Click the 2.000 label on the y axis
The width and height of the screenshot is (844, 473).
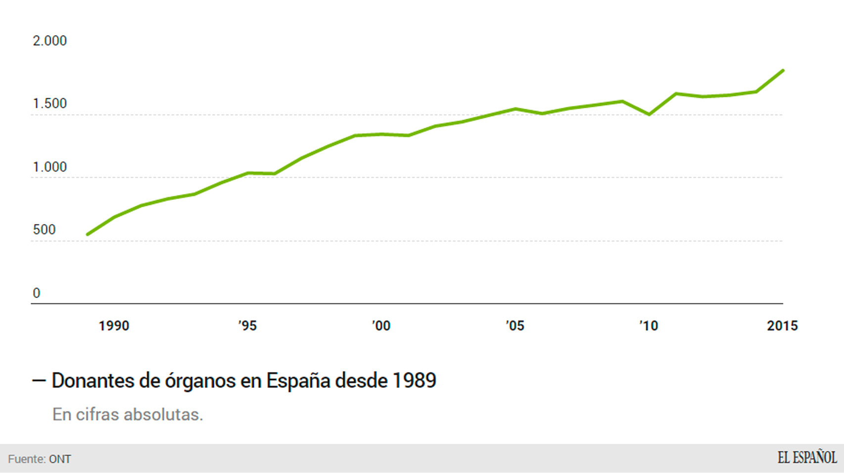point(49,41)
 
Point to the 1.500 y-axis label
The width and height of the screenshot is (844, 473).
point(49,103)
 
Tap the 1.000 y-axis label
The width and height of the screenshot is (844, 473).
point(49,167)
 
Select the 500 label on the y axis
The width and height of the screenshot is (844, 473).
point(44,230)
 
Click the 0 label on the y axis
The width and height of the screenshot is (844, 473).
point(36,293)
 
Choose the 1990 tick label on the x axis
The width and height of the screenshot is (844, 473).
point(114,326)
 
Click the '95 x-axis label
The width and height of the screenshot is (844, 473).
point(247,326)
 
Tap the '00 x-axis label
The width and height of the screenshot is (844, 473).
point(381,326)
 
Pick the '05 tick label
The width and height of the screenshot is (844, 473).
point(515,326)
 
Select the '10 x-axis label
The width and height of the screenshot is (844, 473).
point(648,326)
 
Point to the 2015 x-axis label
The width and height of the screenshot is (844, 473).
point(782,326)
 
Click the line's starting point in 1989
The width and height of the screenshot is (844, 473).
point(88,234)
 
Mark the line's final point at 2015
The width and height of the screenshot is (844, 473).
point(783,71)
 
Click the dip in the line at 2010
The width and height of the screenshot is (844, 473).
point(649,114)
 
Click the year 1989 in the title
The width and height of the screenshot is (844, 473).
point(415,380)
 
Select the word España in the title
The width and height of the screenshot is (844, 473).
point(298,380)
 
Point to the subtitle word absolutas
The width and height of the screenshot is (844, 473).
point(163,414)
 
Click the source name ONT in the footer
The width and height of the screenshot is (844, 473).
point(60,459)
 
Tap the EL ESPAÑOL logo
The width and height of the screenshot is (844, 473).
point(807,458)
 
